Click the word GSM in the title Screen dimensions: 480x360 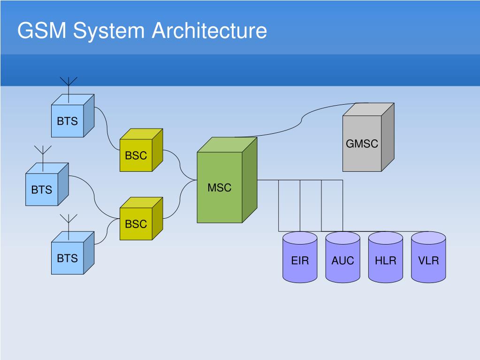point(42,31)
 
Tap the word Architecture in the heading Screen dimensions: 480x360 point(209,31)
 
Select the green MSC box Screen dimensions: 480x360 point(227,180)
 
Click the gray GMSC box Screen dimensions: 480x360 point(368,137)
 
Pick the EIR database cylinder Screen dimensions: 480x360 point(300,257)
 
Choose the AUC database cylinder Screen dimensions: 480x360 point(343,257)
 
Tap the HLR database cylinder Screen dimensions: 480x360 point(385,257)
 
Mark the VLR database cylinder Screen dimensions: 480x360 point(428,257)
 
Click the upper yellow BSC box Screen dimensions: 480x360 point(141,150)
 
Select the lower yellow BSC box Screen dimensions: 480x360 point(141,219)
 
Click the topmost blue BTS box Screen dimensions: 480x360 point(73,116)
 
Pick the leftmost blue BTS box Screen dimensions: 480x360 point(47,184)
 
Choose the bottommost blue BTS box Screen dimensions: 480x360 point(73,253)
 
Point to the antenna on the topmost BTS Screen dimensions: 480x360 point(69,90)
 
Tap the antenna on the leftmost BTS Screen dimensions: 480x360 point(43,158)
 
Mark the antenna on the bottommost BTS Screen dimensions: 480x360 point(69,227)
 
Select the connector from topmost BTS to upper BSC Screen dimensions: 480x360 point(107,129)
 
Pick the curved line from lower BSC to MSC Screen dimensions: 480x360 point(180,199)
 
